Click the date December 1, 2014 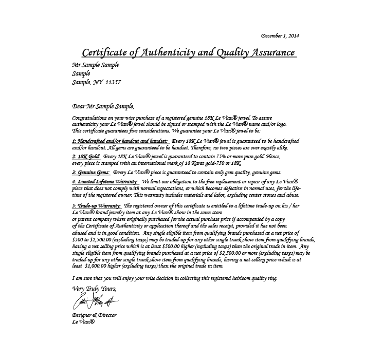click(x=280, y=36)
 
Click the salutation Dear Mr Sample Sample click(x=103, y=107)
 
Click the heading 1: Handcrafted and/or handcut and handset click(x=119, y=141)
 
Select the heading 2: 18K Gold click(x=86, y=156)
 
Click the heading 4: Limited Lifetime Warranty click(x=105, y=182)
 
